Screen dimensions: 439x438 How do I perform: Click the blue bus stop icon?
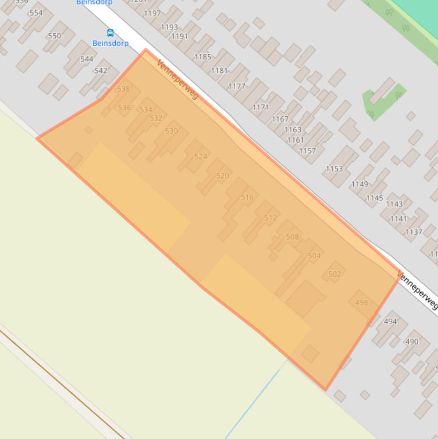(x=110, y=33)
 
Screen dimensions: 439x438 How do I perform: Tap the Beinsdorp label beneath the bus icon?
(x=110, y=43)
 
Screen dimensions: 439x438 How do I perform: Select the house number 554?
(x=35, y=13)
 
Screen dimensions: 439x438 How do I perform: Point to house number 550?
(x=54, y=36)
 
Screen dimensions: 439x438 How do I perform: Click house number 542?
(x=100, y=71)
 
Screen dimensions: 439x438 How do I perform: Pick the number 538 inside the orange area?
(x=123, y=89)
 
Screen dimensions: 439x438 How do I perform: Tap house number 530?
(x=171, y=131)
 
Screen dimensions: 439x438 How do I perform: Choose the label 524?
(x=200, y=156)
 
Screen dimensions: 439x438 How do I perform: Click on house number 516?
(x=247, y=197)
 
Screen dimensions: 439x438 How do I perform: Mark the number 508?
(x=292, y=237)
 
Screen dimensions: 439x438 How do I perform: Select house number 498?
(x=361, y=303)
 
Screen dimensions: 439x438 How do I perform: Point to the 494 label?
(x=390, y=322)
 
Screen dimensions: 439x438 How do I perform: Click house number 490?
(x=411, y=342)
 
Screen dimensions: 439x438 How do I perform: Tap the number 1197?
(x=152, y=13)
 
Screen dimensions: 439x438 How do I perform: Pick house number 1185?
(x=203, y=56)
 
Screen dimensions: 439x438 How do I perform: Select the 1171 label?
(x=260, y=107)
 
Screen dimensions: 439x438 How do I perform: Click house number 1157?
(x=307, y=151)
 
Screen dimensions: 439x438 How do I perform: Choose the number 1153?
(x=334, y=169)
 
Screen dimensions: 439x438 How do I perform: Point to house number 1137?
(x=414, y=231)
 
